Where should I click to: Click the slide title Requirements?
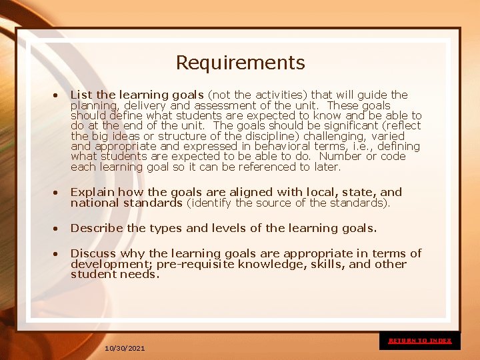(x=240, y=63)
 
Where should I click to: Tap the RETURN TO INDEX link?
(x=420, y=341)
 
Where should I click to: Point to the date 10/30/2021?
(x=125, y=348)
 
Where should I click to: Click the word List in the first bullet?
(x=81, y=95)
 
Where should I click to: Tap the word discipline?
(x=250, y=136)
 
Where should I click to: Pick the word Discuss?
(x=92, y=253)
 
